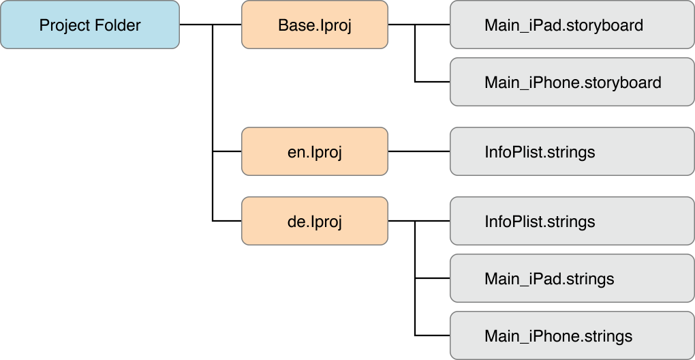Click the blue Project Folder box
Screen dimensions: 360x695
click(90, 25)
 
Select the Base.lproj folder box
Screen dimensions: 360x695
click(314, 25)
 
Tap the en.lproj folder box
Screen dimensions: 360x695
click(314, 151)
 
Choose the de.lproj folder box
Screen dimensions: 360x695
click(314, 222)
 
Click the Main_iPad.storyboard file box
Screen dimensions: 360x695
click(572, 25)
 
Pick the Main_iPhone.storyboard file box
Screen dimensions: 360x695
click(572, 82)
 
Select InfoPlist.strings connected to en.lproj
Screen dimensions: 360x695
click(572, 151)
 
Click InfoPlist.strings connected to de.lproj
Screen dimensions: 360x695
click(572, 222)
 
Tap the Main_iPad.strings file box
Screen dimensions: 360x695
click(572, 279)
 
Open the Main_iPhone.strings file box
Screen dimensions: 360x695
click(572, 336)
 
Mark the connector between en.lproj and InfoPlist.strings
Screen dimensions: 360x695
click(418, 151)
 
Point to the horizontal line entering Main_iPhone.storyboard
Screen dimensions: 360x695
click(432, 82)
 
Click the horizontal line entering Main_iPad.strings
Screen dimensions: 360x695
click(432, 279)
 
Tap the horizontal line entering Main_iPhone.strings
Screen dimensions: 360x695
click(432, 336)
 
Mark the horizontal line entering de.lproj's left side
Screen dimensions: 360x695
click(228, 222)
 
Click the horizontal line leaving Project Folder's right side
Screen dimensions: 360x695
click(196, 25)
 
